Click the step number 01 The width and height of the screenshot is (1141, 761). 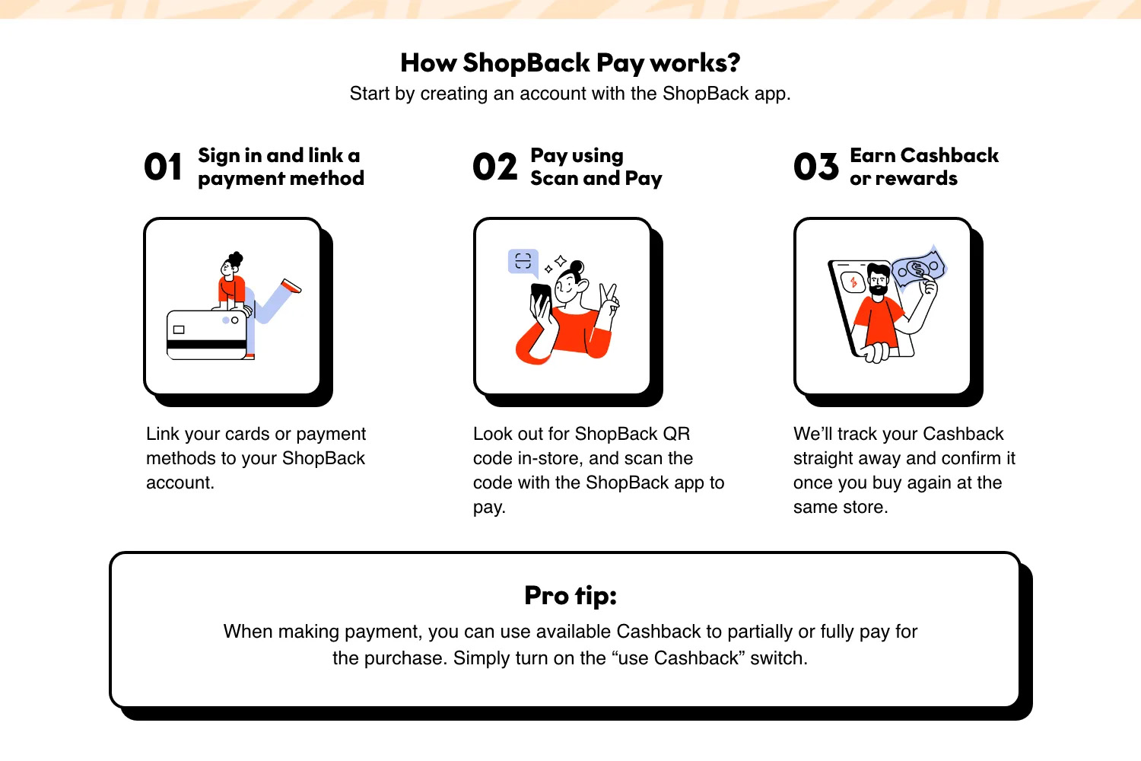pyautogui.click(x=163, y=167)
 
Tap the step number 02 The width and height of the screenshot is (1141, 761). pyautogui.click(x=494, y=167)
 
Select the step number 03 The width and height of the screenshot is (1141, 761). pyautogui.click(x=815, y=167)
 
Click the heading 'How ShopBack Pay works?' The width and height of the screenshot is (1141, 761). pyautogui.click(x=570, y=62)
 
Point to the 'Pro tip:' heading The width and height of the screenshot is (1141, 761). pyautogui.click(x=570, y=595)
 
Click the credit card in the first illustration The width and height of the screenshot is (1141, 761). pyautogui.click(x=206, y=335)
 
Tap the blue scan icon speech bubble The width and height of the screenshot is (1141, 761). pyautogui.click(x=523, y=261)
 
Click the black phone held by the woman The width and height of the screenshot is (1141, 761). pyautogui.click(x=540, y=296)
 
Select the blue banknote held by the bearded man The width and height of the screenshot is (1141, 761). pyautogui.click(x=919, y=269)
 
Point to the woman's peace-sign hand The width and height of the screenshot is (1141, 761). pyautogui.click(x=609, y=298)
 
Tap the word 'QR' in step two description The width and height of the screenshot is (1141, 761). pyautogui.click(x=675, y=434)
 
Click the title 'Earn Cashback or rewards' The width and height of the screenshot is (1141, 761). pyautogui.click(x=923, y=167)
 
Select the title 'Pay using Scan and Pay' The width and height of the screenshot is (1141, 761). pyautogui.click(x=596, y=167)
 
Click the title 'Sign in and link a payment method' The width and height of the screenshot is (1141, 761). pyautogui.click(x=281, y=167)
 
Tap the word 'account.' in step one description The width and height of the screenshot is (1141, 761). pyautogui.click(x=180, y=482)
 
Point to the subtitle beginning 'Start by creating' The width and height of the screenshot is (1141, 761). pyautogui.click(x=570, y=94)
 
